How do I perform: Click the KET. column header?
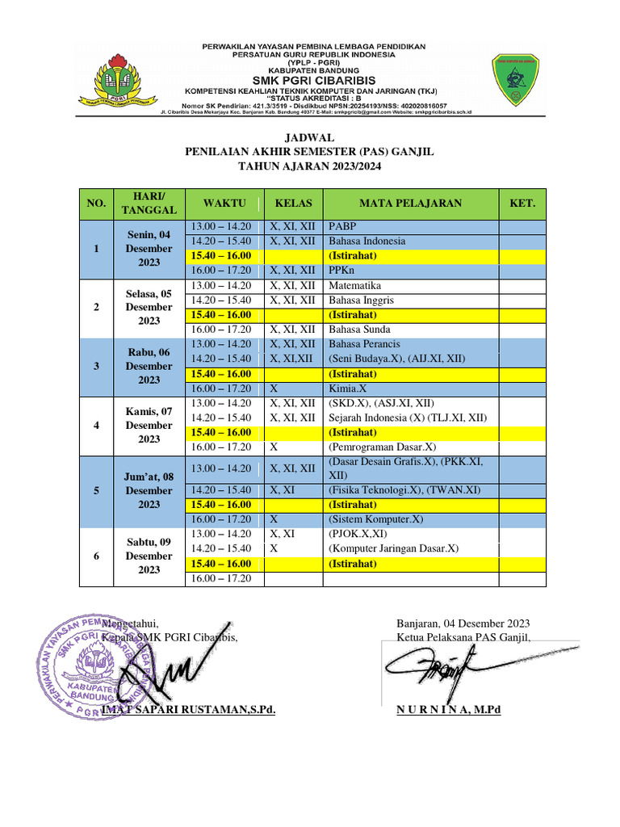click(522, 204)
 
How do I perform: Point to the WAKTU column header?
click(224, 204)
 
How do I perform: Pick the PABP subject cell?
click(342, 227)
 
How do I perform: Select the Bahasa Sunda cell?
click(359, 330)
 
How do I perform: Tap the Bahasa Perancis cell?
click(364, 344)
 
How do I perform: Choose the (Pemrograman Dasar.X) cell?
click(381, 447)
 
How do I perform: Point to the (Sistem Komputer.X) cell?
click(376, 519)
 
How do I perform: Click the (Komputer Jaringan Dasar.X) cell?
click(393, 548)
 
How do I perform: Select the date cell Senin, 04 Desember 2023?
click(149, 249)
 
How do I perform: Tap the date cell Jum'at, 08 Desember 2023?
click(149, 490)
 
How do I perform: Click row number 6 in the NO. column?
click(96, 556)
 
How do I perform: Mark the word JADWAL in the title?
click(310, 137)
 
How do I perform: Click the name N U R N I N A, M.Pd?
click(449, 710)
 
